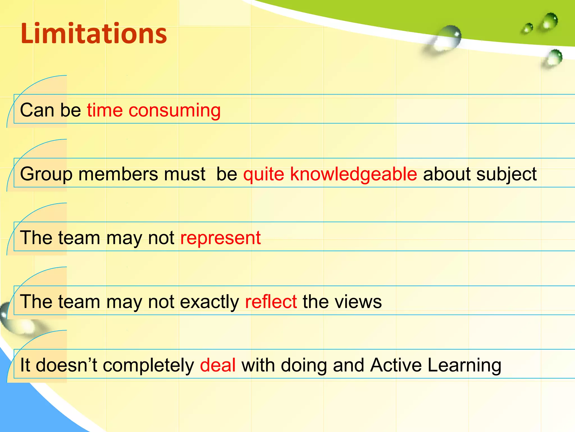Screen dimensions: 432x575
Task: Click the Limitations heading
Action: tap(94, 34)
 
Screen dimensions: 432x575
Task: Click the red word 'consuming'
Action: tap(174, 110)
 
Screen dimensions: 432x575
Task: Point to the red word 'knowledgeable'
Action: tap(353, 174)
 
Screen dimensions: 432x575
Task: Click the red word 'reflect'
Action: tap(271, 301)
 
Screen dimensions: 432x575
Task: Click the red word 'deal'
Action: tap(218, 365)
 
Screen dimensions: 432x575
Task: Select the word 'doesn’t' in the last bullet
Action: tap(66, 365)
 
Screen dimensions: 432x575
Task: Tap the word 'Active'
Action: tap(396, 365)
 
